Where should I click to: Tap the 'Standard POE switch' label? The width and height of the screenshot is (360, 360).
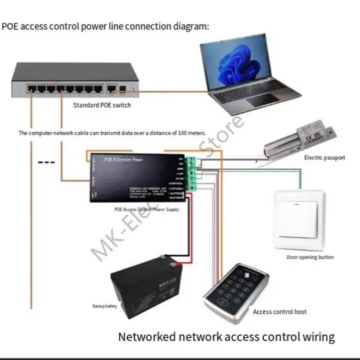(x=102, y=105)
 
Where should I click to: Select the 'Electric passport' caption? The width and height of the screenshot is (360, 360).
(x=324, y=157)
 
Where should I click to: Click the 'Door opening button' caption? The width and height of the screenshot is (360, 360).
(x=310, y=257)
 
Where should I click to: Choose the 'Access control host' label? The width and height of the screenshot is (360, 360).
(x=280, y=311)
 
